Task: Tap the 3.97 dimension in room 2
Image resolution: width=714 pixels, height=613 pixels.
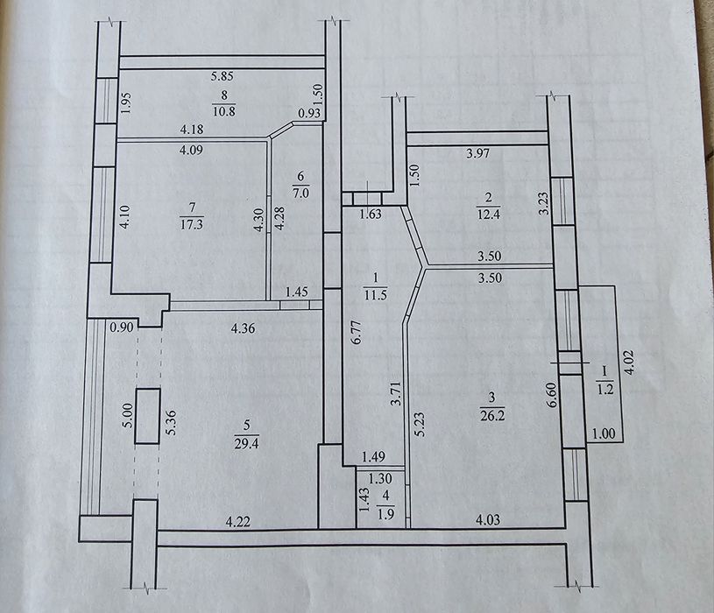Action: click(x=481, y=155)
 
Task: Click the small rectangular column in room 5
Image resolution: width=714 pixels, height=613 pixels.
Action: click(x=148, y=416)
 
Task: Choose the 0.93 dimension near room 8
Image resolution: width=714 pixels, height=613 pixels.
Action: click(x=309, y=112)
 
